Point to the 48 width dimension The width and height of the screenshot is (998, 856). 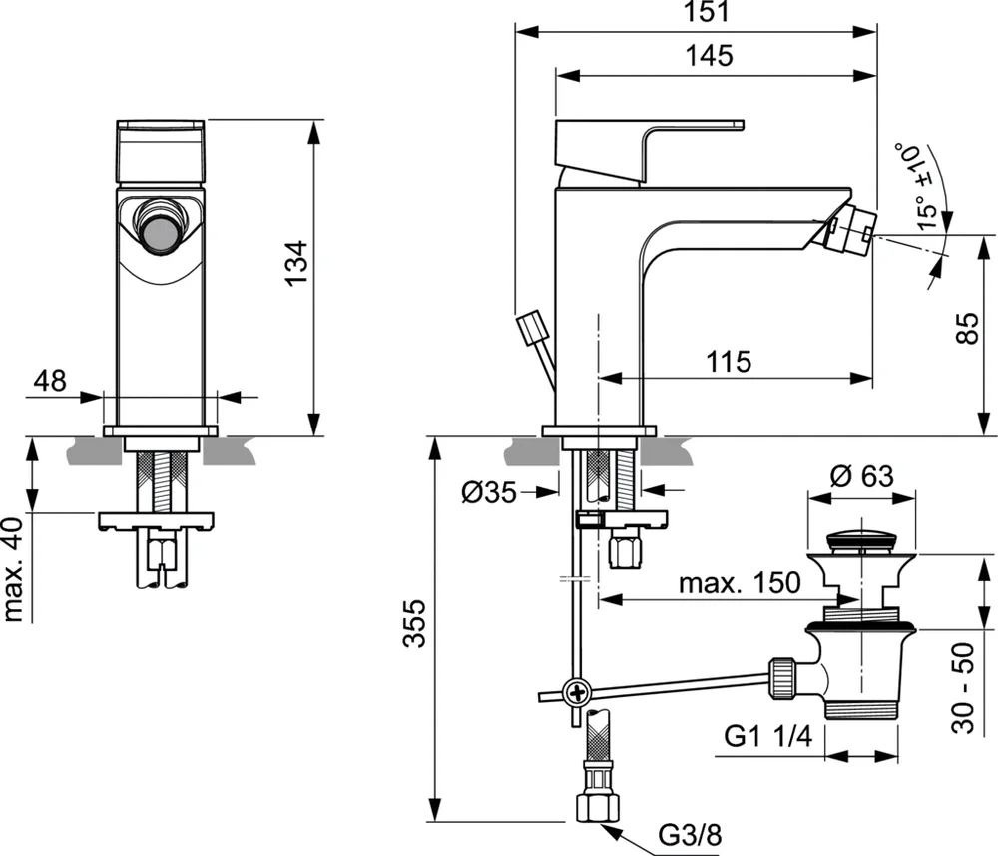(50, 380)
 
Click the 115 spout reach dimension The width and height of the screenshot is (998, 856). (729, 362)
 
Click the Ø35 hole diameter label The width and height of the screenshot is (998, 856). (489, 492)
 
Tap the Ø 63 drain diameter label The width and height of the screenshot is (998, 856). (861, 476)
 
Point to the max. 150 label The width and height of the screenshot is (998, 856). (740, 583)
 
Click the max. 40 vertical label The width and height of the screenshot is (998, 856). (15, 569)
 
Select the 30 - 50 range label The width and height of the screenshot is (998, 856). (964, 689)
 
